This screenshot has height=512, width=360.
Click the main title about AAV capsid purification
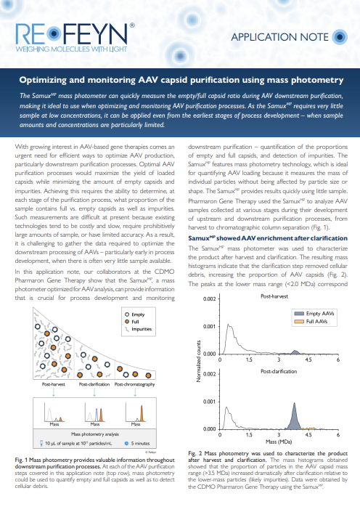tap(180, 78)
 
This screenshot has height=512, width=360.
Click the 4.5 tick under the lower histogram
tap(308, 434)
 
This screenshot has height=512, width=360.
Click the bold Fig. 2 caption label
tap(197, 452)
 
